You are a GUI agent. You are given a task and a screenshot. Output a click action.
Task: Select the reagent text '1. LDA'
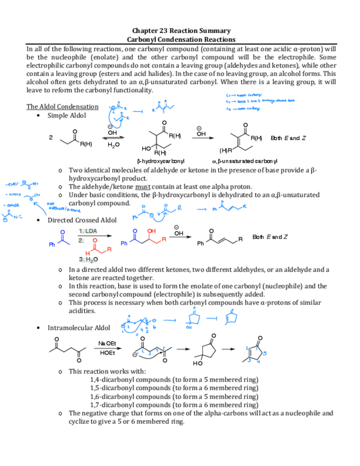88,231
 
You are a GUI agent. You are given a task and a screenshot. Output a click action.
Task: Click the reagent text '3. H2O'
88,259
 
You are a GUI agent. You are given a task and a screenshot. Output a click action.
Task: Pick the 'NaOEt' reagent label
107,343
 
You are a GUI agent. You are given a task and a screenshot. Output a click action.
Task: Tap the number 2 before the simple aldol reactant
51,137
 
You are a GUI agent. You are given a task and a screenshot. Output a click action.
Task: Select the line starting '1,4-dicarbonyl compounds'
174,380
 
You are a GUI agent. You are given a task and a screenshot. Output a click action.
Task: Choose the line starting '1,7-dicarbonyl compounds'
174,404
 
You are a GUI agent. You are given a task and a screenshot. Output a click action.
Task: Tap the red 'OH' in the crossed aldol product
152,231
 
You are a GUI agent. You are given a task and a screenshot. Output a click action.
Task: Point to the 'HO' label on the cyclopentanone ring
198,363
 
